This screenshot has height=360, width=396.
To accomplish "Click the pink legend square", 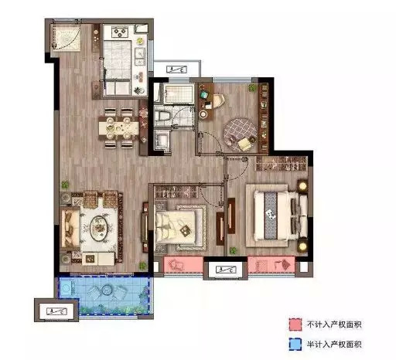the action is click(295, 324).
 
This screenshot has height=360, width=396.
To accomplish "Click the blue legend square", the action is click(295, 345).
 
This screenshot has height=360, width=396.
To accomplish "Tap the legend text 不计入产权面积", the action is click(334, 324).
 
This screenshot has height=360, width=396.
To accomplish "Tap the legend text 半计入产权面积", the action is click(334, 345).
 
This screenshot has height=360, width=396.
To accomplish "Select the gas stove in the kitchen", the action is click(120, 32).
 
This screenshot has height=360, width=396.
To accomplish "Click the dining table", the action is click(119, 127).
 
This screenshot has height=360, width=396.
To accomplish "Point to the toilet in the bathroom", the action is click(162, 116).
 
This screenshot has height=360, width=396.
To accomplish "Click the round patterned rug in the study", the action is click(240, 134).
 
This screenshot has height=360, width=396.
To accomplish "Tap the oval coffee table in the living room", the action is click(99, 228).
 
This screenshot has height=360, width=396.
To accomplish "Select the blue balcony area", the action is click(104, 295).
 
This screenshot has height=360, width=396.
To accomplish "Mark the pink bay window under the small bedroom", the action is click(183, 264).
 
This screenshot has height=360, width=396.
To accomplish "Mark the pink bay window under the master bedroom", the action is click(271, 264).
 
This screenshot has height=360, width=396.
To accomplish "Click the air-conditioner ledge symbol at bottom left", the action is click(56, 311).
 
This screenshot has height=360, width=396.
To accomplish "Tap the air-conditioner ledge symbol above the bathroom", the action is click(176, 70).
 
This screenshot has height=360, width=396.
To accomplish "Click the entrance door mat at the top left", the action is click(67, 38).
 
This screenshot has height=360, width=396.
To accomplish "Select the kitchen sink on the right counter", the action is click(140, 57).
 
